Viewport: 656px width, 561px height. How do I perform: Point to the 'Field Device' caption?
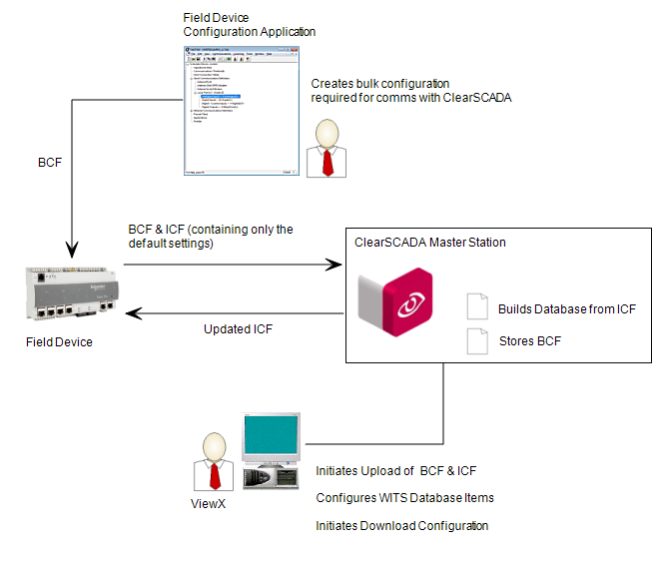60,342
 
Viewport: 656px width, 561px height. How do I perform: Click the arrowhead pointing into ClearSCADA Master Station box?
334,266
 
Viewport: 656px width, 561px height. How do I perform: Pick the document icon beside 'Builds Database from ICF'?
476,309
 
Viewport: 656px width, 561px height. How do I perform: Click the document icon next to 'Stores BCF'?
476,342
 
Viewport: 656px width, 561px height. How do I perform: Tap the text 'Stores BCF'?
529,342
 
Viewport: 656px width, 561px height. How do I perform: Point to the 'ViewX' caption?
208,504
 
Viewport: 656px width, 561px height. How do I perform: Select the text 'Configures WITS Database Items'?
404,497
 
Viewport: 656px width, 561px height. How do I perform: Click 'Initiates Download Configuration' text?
401,525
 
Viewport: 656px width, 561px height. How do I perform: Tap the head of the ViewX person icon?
213,446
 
